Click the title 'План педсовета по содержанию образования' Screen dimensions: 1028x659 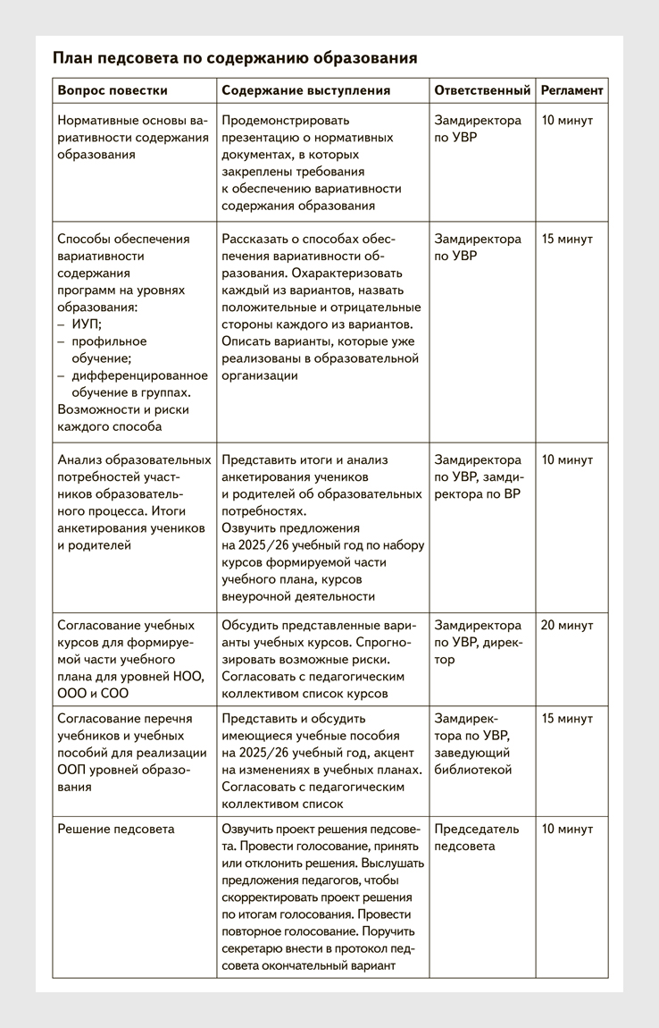pyautogui.click(x=235, y=59)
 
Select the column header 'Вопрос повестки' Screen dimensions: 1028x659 pyautogui.click(x=113, y=90)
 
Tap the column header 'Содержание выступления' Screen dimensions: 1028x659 pyautogui.click(x=305, y=90)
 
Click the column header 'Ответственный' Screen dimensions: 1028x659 pyautogui.click(x=482, y=90)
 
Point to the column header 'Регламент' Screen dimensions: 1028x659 pyautogui.click(x=571, y=90)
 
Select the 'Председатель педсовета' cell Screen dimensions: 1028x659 pyautogui.click(x=478, y=838)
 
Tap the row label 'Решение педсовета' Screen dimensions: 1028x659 pyautogui.click(x=116, y=830)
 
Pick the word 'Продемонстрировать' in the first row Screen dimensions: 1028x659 pyautogui.click(x=286, y=121)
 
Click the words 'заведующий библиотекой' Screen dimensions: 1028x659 pyautogui.click(x=472, y=762)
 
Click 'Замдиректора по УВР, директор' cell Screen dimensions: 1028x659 pyautogui.click(x=478, y=643)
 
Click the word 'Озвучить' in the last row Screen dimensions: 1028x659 pyautogui.click(x=250, y=830)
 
